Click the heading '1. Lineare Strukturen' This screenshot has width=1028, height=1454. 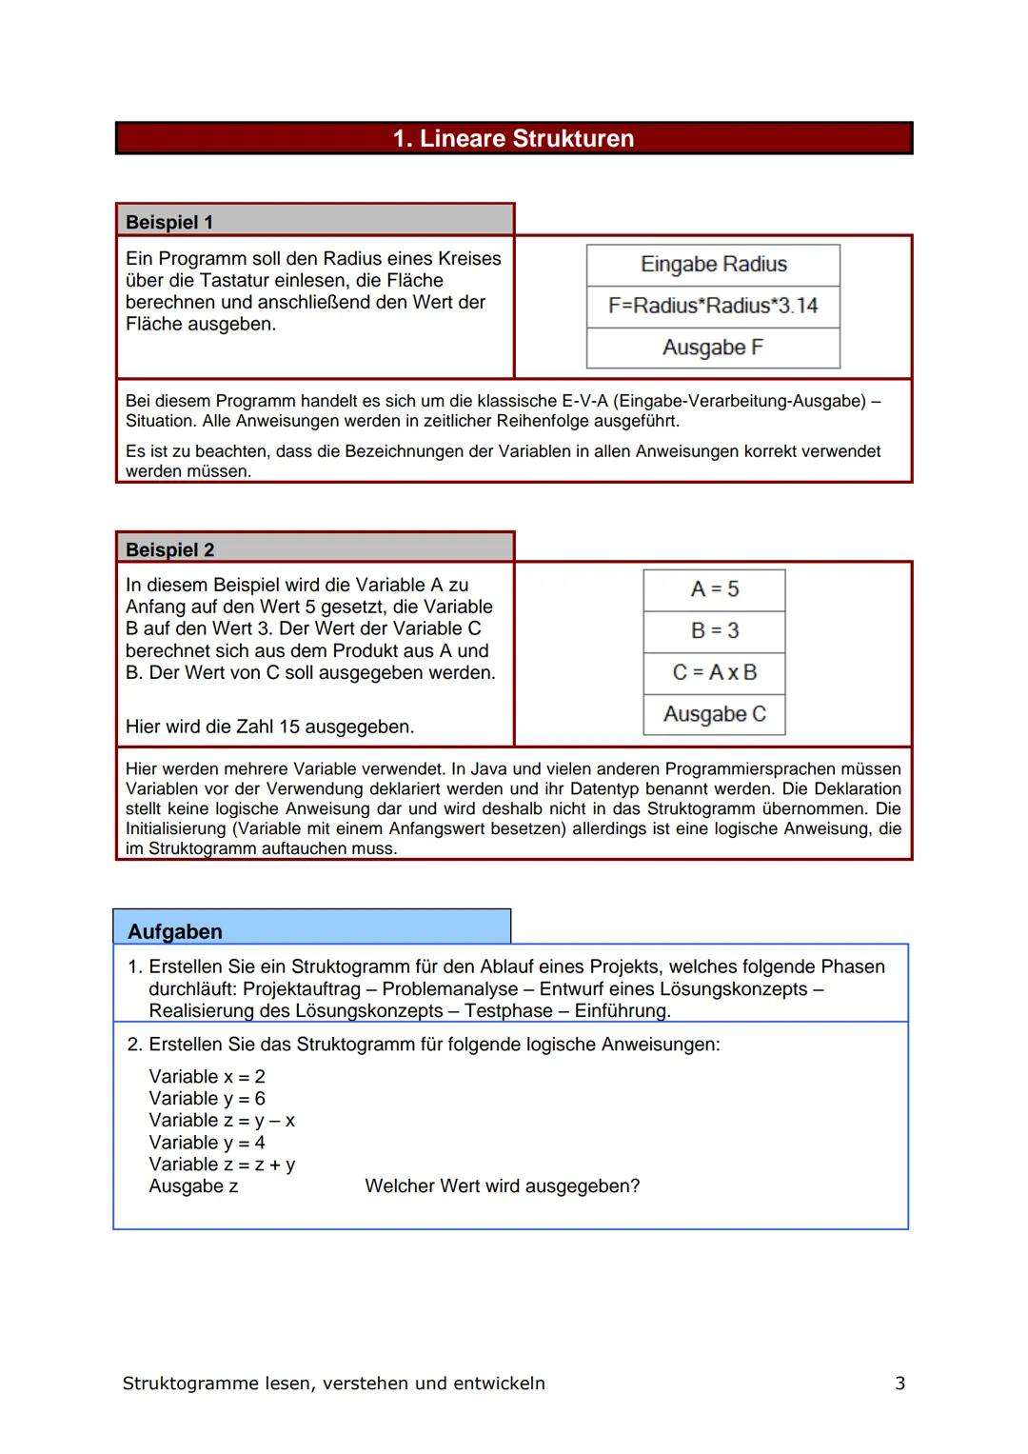513,139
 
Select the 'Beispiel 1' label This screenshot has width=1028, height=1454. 169,222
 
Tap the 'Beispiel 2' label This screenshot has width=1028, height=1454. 170,549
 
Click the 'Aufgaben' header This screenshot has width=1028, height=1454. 175,931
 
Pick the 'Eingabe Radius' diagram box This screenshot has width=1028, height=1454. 713,265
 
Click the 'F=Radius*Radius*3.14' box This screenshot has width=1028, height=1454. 713,306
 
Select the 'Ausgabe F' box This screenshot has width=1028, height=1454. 713,348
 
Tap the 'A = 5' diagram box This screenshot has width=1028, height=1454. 714,589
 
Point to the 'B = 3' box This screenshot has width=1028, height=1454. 714,630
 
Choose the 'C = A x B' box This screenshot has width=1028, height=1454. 714,672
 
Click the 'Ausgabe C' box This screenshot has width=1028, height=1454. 714,714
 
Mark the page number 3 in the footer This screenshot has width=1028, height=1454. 899,1383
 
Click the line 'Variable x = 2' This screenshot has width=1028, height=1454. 207,1076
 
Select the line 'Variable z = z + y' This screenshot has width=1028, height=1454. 222,1164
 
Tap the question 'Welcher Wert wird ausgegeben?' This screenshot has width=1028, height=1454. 502,1185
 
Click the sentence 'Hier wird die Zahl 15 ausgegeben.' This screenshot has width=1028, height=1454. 269,727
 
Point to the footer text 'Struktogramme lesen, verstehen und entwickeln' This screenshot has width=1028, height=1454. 333,1383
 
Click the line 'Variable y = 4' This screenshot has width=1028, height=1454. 207,1142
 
